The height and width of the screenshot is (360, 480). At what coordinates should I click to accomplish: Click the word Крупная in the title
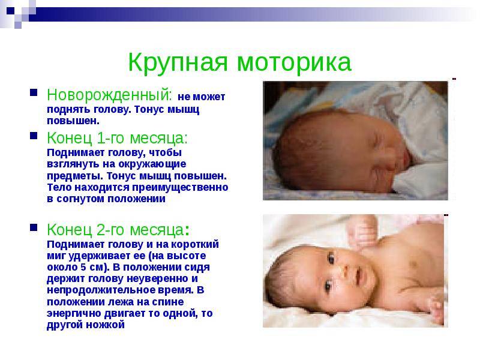(x=178, y=63)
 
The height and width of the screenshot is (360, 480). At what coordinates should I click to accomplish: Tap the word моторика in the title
(x=294, y=63)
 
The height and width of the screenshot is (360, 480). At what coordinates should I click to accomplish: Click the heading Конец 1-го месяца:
(x=117, y=138)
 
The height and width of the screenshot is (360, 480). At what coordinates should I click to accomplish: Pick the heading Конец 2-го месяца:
(x=118, y=230)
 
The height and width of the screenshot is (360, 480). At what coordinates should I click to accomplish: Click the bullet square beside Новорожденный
(x=34, y=92)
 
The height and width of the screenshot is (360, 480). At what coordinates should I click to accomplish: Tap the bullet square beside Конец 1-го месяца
(x=34, y=136)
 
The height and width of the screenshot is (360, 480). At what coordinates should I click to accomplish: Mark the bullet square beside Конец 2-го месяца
(x=34, y=227)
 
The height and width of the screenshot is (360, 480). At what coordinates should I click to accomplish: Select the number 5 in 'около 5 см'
(x=83, y=267)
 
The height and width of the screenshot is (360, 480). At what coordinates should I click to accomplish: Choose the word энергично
(x=74, y=313)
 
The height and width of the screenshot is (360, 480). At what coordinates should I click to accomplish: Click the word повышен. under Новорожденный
(x=73, y=121)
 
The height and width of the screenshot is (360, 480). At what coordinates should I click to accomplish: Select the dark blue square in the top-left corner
(x=10, y=11)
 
